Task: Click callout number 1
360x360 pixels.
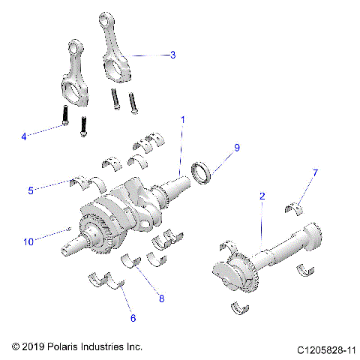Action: tap(182, 119)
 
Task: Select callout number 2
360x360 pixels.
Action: tap(262, 196)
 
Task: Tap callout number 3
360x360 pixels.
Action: tap(173, 55)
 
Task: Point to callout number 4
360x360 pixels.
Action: tap(24, 136)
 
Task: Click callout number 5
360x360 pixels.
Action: tap(31, 190)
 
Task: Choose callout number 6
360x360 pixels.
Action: tap(133, 318)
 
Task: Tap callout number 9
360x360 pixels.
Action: tap(237, 148)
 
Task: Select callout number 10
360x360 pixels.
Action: tap(28, 241)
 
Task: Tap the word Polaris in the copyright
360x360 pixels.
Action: tap(64, 347)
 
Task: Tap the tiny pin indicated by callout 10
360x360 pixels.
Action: tap(69, 228)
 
